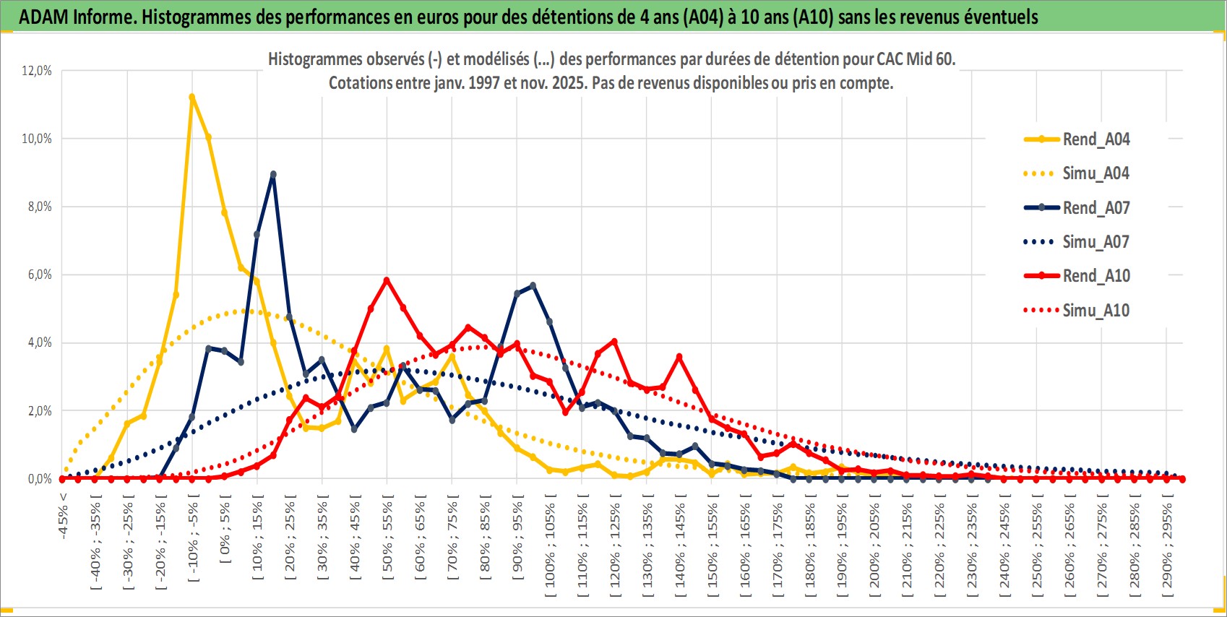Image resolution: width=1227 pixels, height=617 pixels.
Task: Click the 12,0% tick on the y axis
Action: (37, 71)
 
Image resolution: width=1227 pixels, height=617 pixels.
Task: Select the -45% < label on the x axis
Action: (64, 516)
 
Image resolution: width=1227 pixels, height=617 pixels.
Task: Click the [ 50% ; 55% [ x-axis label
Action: (388, 538)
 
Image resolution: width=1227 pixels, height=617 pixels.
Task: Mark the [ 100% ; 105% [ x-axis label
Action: (550, 545)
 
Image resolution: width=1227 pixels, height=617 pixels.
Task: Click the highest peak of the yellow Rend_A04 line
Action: (191, 97)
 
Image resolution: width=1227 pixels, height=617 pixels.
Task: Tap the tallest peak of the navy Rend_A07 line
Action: (273, 174)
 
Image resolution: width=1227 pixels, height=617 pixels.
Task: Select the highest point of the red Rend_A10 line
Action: (387, 280)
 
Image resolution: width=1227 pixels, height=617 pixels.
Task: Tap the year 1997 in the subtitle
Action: (483, 83)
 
